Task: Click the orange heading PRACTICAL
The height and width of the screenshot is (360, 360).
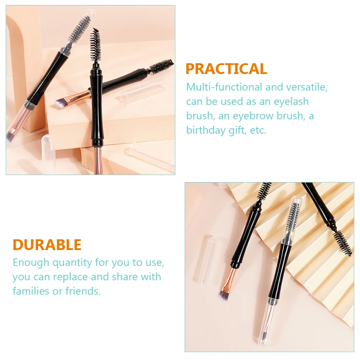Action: coord(226,69)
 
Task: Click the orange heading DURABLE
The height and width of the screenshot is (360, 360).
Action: coord(47,245)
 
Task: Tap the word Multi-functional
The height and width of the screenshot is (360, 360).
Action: coord(224,87)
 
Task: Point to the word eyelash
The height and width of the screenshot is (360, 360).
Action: coord(291,102)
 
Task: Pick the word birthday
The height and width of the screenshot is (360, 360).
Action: coord(206,130)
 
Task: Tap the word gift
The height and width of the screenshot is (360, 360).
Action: coord(237,130)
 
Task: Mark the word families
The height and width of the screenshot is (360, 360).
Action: coord(31,291)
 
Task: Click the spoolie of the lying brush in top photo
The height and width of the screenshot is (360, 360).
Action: coord(162,66)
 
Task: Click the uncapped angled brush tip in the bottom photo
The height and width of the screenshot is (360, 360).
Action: coord(224,294)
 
